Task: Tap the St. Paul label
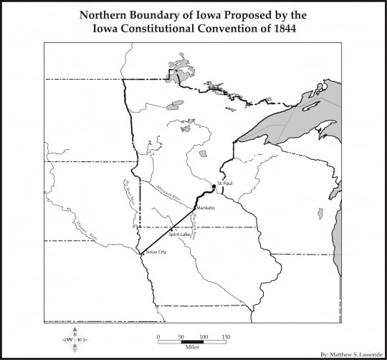click(224, 184)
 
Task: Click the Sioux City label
click(156, 252)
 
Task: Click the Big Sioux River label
click(129, 193)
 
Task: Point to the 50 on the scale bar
click(181, 336)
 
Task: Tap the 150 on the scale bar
click(226, 336)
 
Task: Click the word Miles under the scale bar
click(192, 349)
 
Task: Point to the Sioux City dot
click(141, 252)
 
